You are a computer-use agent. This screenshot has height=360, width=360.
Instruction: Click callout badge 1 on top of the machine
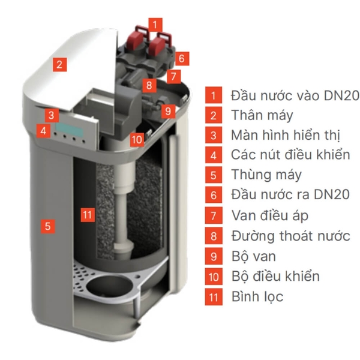point(156,25)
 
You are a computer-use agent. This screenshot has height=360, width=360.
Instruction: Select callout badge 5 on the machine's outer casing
point(47,226)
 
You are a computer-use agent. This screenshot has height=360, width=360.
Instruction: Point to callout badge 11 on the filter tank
point(88,214)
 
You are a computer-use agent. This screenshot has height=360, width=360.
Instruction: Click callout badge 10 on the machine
point(137,139)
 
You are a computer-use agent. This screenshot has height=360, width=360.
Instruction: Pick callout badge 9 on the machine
point(169,111)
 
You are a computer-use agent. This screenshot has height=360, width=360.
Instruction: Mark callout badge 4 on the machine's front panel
point(43,130)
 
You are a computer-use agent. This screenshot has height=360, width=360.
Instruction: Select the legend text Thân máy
point(262,115)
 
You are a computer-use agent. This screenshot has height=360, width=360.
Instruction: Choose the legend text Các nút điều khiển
point(290,155)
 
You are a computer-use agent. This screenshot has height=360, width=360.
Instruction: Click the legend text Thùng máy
point(266,175)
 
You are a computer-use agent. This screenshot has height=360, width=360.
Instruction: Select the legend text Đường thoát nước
point(290,236)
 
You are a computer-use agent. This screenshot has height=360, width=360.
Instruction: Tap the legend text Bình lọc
point(257,296)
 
